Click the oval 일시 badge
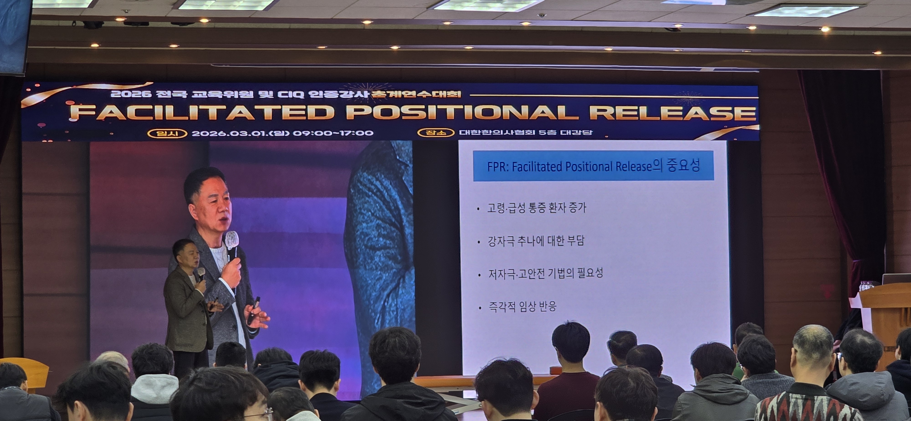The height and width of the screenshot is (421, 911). pos(167,133)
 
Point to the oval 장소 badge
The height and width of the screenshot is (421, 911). pos(436,133)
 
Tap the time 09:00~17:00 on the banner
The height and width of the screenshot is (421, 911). pos(333,133)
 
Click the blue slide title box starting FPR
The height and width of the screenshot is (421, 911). pos(593,166)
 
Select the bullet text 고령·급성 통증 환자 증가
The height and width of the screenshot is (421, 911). pos(537,208)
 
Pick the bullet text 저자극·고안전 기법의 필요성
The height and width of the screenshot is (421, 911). pos(545,273)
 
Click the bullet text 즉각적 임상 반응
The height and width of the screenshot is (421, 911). pos(522,306)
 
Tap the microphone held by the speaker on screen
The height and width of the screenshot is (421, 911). pos(232,244)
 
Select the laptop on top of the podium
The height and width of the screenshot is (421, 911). pos(896,279)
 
